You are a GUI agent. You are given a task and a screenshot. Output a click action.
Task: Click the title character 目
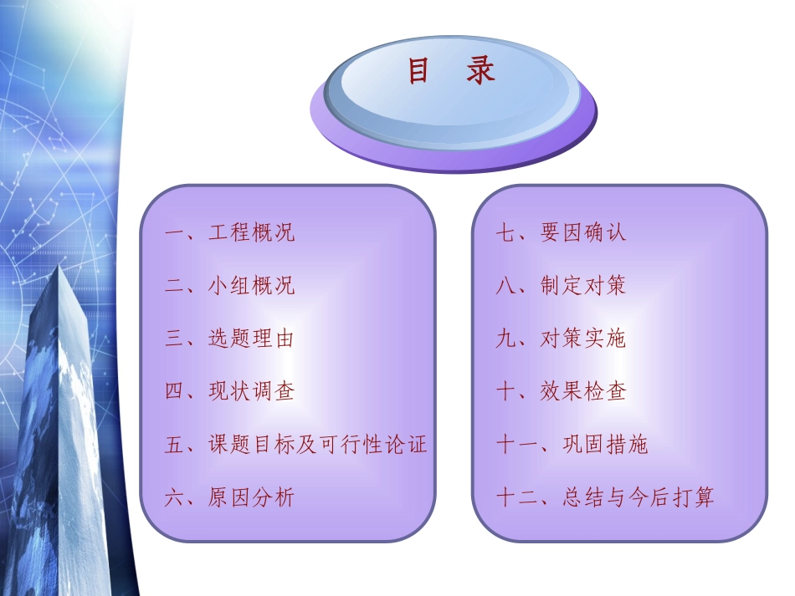click(418, 72)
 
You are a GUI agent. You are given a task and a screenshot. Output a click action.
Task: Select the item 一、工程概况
click(229, 232)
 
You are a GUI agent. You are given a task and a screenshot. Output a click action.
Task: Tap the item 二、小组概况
click(229, 286)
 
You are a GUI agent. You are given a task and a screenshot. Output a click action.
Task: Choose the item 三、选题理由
click(229, 339)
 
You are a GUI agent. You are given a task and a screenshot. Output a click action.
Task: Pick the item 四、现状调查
click(229, 391)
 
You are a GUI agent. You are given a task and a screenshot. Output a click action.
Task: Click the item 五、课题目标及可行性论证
click(295, 444)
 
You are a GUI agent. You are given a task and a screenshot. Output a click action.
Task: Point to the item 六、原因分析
click(229, 498)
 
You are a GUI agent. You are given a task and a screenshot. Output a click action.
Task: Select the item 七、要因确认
click(561, 232)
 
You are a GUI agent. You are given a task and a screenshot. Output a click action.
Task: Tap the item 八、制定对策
click(561, 286)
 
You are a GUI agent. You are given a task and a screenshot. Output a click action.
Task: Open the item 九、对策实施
click(561, 339)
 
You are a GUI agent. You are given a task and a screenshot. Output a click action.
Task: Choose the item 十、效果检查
click(561, 391)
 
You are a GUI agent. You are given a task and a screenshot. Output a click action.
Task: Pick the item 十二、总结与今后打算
click(605, 498)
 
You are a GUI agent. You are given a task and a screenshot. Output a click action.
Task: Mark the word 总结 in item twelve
click(584, 498)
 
